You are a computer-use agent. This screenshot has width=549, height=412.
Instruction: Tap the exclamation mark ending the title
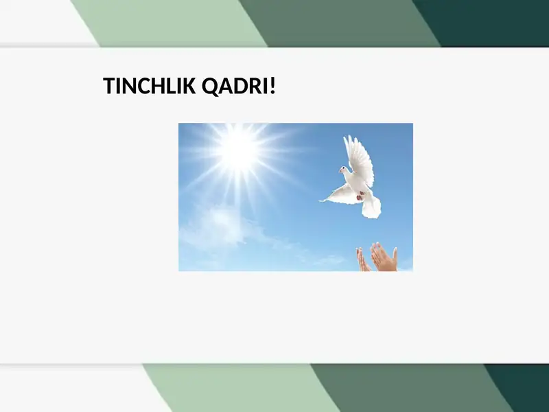pyautogui.click(x=272, y=87)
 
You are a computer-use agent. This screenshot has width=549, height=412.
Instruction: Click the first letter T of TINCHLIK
pyautogui.click(x=108, y=87)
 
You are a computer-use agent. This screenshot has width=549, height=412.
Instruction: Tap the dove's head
pyautogui.click(x=344, y=169)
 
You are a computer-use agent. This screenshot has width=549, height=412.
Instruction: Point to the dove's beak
pyautogui.click(x=339, y=170)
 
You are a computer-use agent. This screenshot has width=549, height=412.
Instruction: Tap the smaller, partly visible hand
pyautogui.click(x=362, y=260)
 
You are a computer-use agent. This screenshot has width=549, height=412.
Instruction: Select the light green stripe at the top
pyautogui.click(x=165, y=21)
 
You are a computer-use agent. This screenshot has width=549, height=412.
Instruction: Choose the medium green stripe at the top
pyautogui.click(x=336, y=21)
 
